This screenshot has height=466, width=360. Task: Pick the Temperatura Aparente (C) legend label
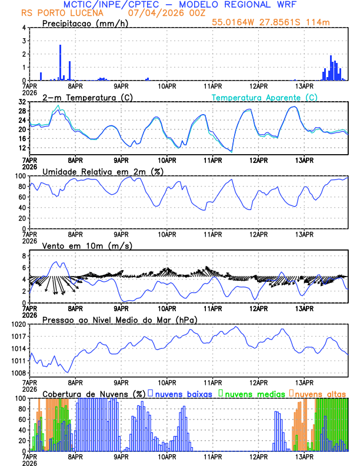(x=264, y=97)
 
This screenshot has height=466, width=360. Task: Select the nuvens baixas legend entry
(x=184, y=394)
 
